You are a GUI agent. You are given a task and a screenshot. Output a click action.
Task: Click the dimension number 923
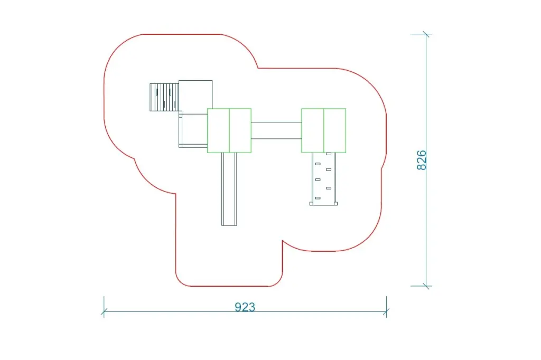pos(245,307)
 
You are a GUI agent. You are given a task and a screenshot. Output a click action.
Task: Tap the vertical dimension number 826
pos(421,160)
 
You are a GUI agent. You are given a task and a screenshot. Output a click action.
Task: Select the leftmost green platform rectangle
pos(218,130)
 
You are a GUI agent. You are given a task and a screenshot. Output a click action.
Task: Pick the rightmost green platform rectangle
pos(334,130)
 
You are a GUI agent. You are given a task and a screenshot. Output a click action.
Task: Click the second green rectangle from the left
pos(240,130)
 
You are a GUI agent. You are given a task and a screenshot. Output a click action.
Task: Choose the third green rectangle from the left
pos(313,130)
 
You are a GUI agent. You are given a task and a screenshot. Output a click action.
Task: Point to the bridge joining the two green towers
pos(276,130)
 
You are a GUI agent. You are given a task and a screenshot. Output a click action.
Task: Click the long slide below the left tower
pos(229,189)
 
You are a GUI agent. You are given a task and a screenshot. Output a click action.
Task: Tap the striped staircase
pos(164,97)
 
